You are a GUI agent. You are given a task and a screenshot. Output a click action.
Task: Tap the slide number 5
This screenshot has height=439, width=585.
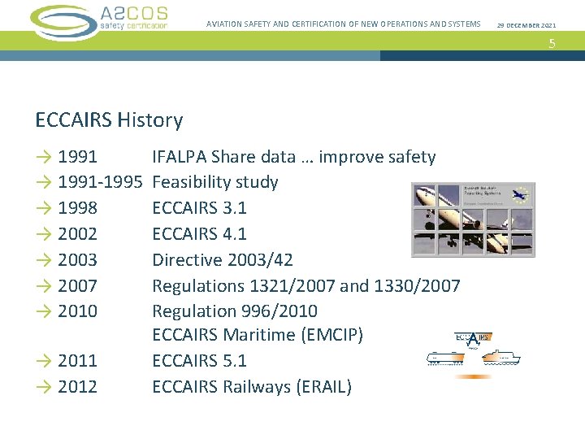(x=552, y=44)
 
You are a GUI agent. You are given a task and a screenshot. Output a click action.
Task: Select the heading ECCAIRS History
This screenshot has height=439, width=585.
(x=109, y=120)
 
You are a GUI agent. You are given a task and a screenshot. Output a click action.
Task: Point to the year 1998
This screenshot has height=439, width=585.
(x=77, y=208)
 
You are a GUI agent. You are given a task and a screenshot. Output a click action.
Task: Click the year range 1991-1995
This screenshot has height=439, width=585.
(x=100, y=182)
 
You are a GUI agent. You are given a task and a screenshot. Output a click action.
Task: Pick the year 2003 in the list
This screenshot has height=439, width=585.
(x=77, y=260)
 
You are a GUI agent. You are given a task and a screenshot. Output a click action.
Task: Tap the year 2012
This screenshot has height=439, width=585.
(x=77, y=387)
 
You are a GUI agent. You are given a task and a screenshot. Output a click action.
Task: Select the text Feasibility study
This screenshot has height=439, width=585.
(x=215, y=182)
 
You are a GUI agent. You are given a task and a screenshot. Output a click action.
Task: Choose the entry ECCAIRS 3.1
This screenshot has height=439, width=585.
(x=199, y=208)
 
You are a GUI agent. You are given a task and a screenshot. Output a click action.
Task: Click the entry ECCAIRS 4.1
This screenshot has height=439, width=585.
(x=199, y=234)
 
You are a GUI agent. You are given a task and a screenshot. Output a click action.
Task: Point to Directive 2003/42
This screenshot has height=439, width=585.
(x=223, y=260)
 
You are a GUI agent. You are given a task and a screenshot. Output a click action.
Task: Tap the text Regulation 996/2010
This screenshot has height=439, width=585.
(x=235, y=311)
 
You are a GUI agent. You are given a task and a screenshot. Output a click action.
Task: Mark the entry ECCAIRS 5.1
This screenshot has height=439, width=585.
(x=199, y=361)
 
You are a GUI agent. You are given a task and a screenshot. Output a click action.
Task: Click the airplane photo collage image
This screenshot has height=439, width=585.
(x=474, y=219)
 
